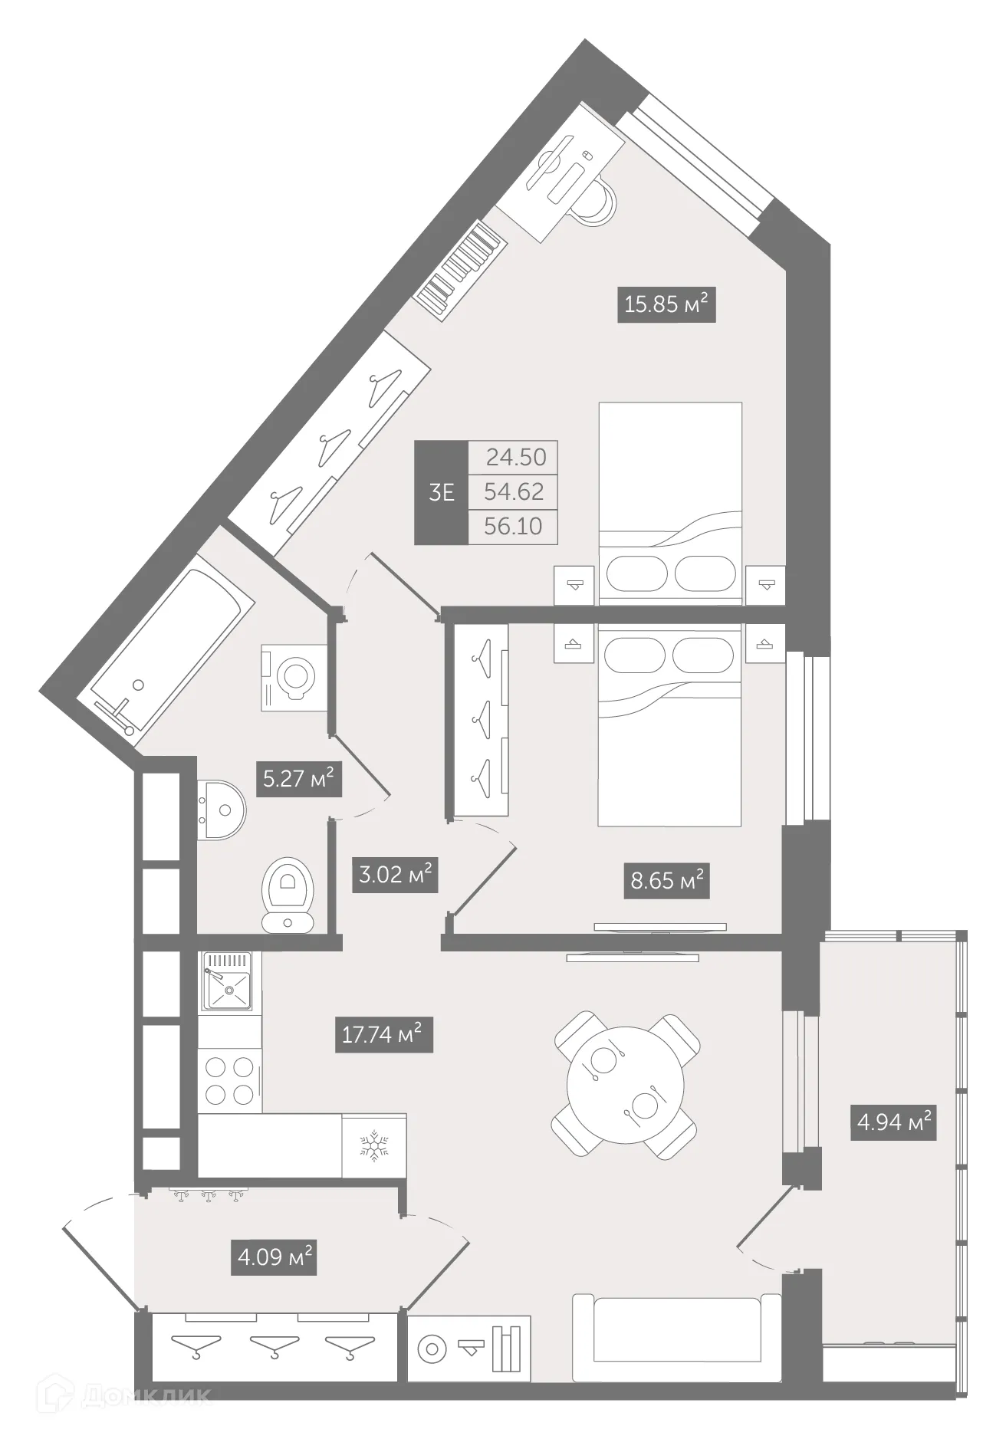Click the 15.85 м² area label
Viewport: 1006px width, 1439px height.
point(666,304)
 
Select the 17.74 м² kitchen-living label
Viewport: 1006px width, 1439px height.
point(383,1035)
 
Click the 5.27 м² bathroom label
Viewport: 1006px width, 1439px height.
point(298,780)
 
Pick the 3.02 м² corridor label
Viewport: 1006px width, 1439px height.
point(395,874)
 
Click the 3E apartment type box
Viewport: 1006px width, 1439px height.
point(441,492)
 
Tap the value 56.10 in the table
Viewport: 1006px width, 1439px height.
point(513,527)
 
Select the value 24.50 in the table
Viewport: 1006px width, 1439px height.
point(516,458)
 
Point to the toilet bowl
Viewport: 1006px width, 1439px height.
point(288,893)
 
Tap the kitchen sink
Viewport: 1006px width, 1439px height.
point(228,981)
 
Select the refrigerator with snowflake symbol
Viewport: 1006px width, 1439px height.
point(374,1145)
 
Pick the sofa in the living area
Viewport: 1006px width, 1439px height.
point(676,1338)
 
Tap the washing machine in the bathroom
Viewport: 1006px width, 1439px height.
point(294,677)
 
